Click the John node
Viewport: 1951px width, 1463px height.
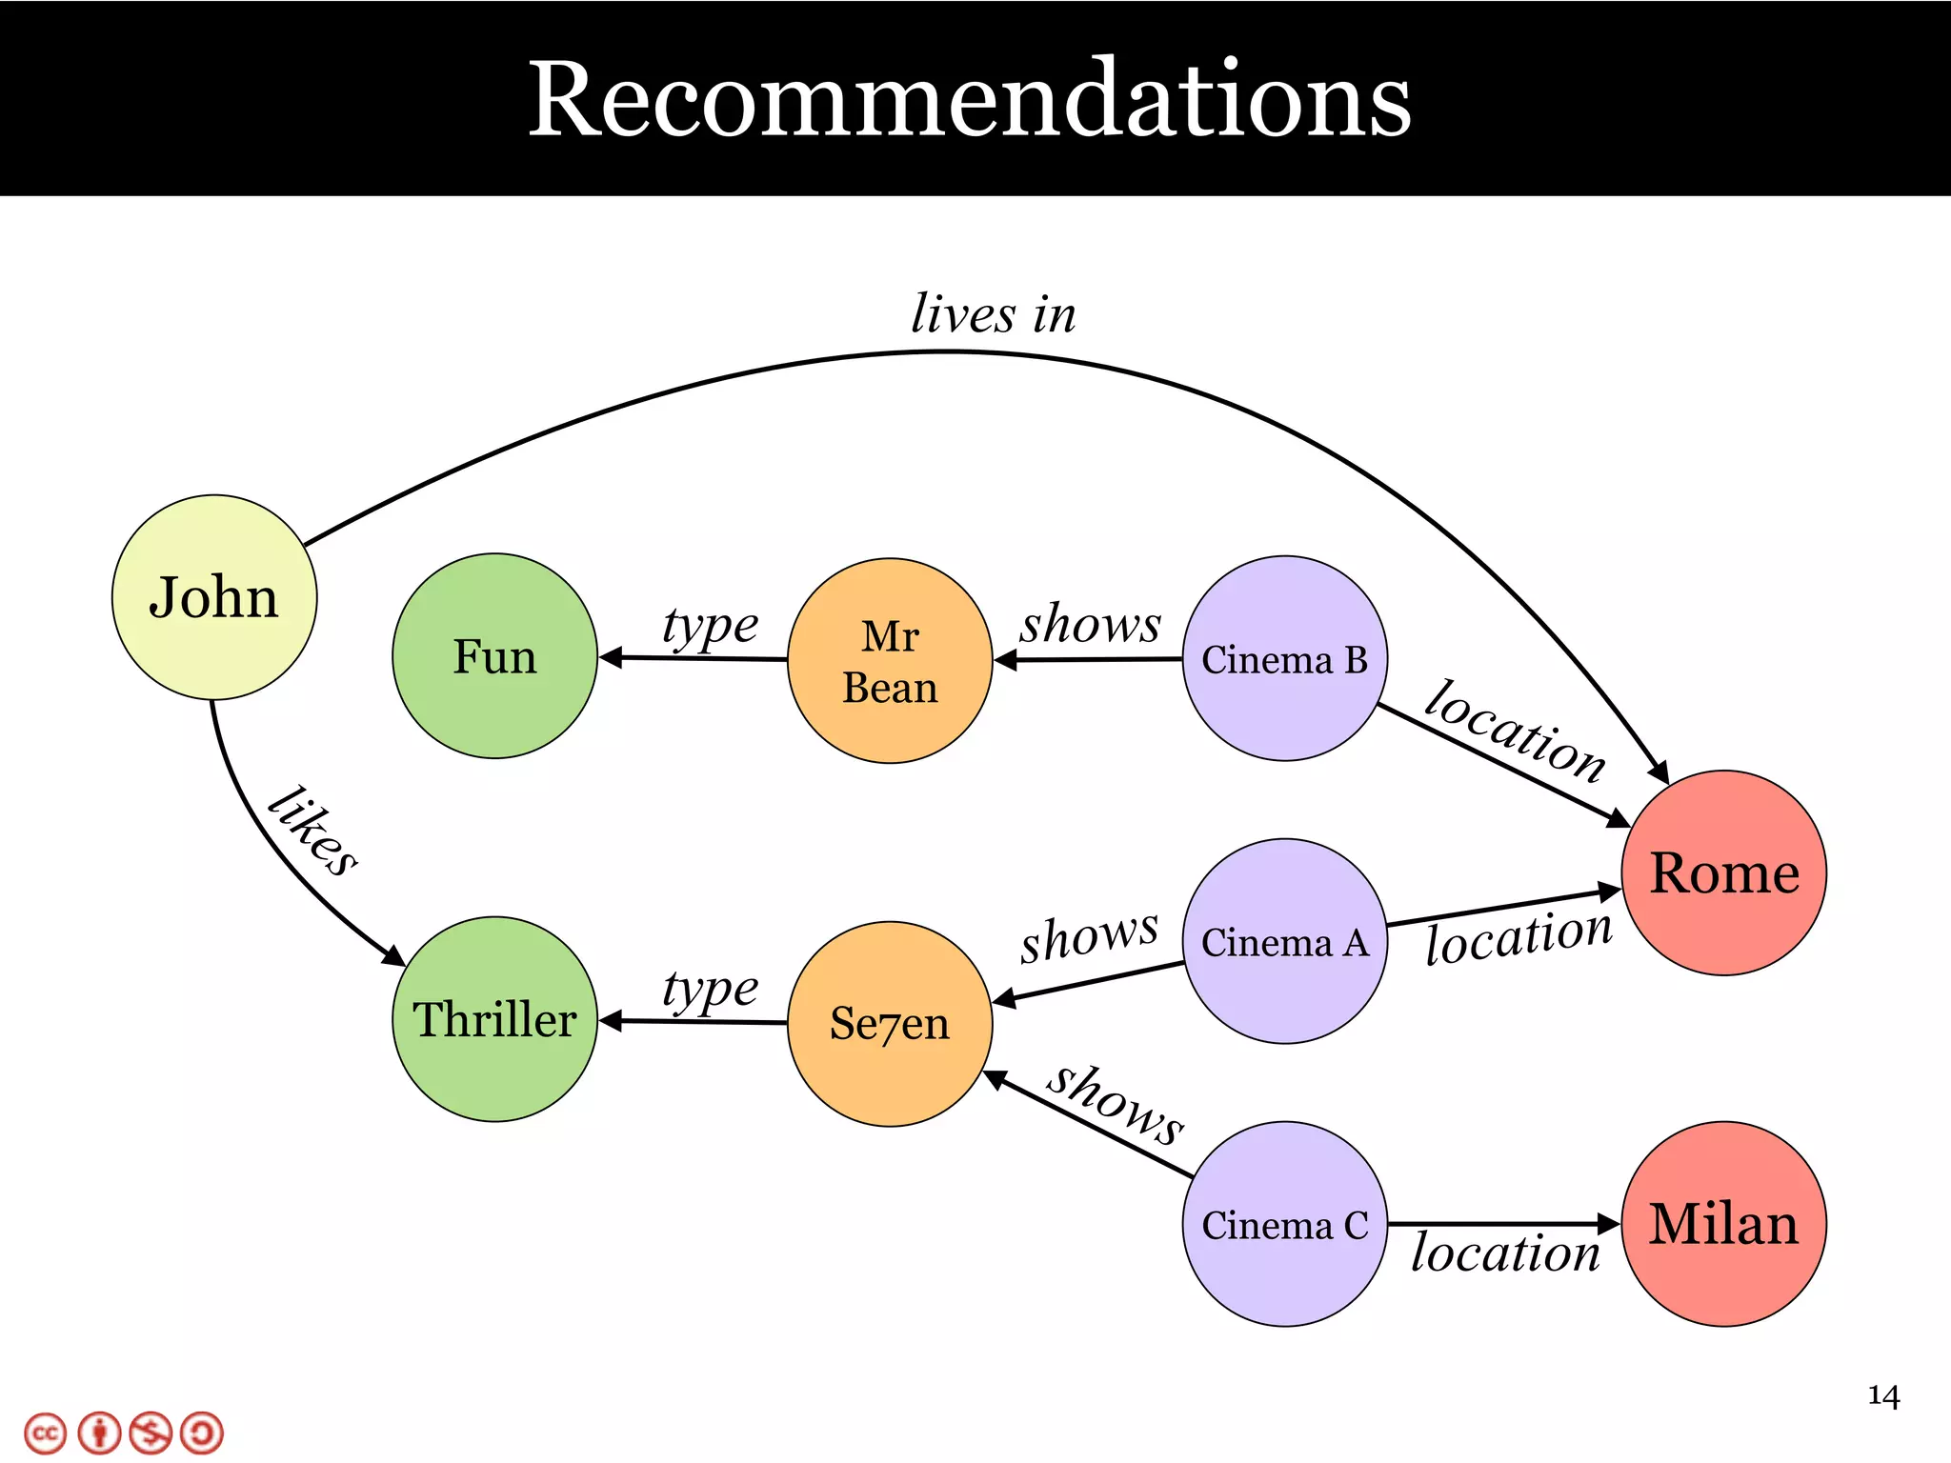click(x=214, y=597)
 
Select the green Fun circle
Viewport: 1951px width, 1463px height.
click(x=494, y=656)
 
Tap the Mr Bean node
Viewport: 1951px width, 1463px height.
click(x=890, y=661)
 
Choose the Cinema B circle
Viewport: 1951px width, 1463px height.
click(x=1284, y=659)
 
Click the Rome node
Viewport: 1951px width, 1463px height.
click(x=1723, y=872)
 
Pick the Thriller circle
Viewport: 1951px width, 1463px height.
click(x=494, y=1019)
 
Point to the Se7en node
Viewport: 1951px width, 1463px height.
click(x=890, y=1024)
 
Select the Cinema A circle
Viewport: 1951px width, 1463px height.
click(x=1284, y=941)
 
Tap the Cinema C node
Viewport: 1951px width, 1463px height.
click(x=1284, y=1224)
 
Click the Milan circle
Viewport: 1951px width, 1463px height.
click(x=1723, y=1224)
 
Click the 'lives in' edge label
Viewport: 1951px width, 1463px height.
click(x=994, y=314)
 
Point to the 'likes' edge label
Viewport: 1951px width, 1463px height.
click(x=312, y=832)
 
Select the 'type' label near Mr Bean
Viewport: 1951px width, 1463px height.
click(x=710, y=627)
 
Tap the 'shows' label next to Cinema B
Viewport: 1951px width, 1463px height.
click(x=1091, y=624)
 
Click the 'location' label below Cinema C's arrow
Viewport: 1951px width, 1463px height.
click(x=1505, y=1253)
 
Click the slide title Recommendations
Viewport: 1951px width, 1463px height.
click(x=970, y=99)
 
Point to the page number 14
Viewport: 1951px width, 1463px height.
click(x=1883, y=1396)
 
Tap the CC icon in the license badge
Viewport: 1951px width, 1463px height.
click(x=46, y=1433)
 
